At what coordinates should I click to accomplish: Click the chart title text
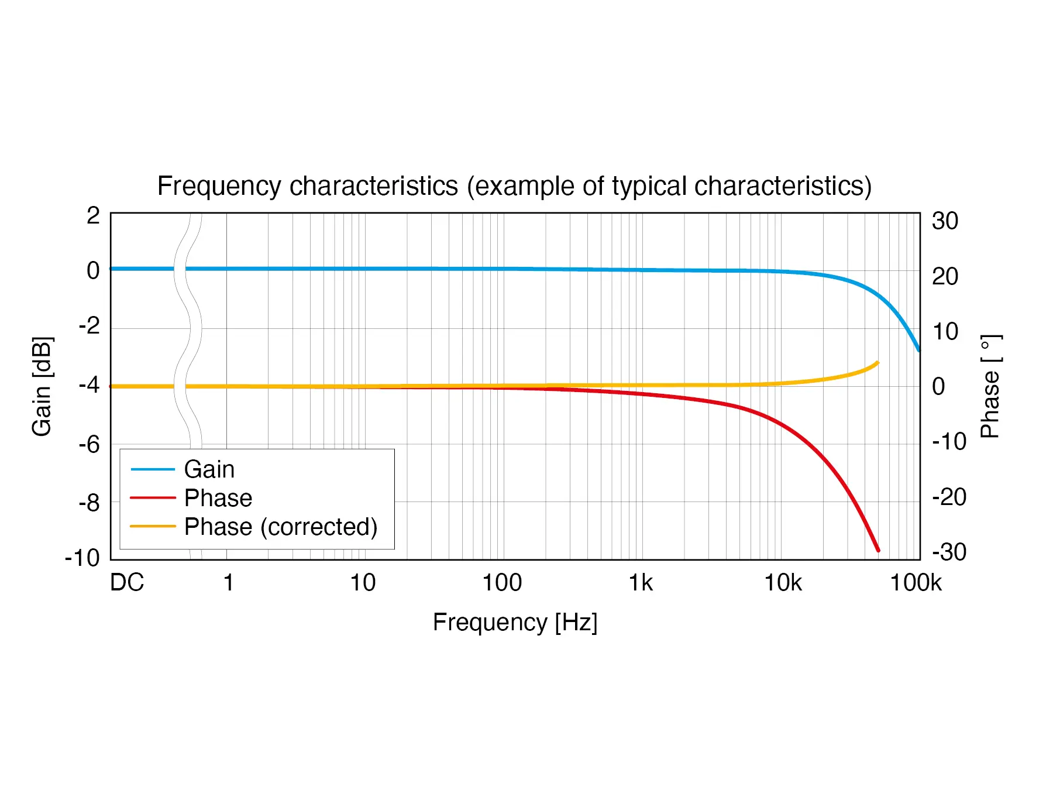pos(514,186)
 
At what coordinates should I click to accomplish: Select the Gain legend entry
pos(209,469)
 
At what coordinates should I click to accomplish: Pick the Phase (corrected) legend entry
pos(280,527)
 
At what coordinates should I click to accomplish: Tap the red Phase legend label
pos(218,498)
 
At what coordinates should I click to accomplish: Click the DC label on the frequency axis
pos(127,583)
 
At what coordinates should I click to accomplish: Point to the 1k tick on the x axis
pos(641,583)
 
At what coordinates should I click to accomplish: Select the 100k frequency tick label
pos(916,583)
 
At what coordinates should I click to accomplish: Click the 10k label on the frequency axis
pos(783,583)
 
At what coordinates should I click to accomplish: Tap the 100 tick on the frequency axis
pos(502,583)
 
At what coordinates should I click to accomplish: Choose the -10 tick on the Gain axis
pos(82,558)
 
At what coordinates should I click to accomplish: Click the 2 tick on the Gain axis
pos(93,216)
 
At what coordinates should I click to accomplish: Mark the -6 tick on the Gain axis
pos(89,445)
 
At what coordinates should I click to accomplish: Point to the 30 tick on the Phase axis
pos(945,221)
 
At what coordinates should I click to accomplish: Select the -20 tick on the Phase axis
pos(949,497)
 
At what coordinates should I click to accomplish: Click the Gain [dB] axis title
pos(42,386)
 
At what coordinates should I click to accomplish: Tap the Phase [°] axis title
pos(990,386)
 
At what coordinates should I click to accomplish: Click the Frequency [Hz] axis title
pos(515,622)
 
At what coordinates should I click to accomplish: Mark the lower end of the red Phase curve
pos(877,549)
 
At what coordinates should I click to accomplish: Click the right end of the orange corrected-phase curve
pos(877,363)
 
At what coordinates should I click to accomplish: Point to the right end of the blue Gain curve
pos(918,349)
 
